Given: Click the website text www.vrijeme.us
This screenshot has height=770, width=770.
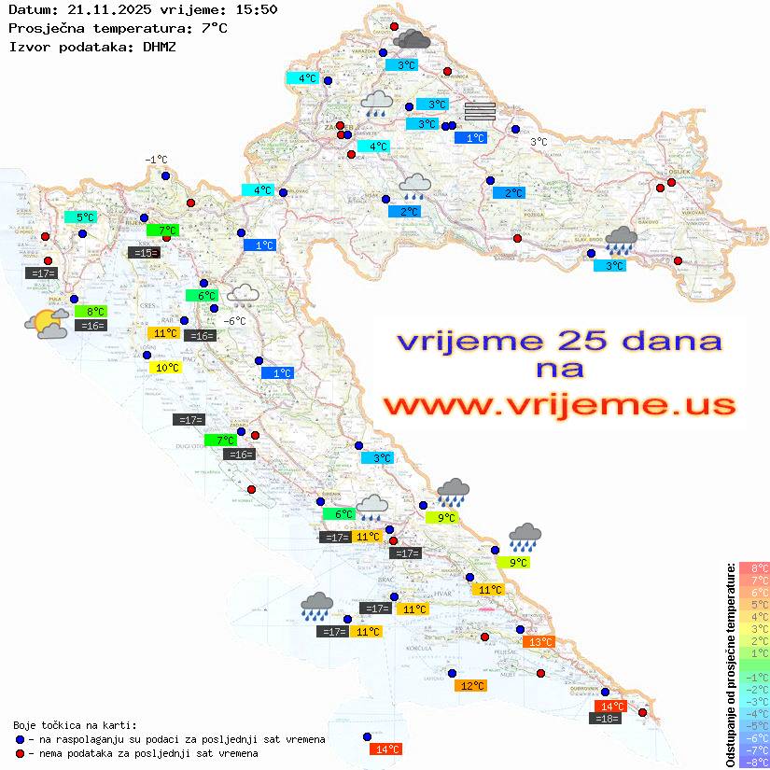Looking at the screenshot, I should [x=559, y=404].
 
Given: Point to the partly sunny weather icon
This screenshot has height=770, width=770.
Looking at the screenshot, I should [x=47, y=324].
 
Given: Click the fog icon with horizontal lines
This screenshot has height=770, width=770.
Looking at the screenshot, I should [x=479, y=110].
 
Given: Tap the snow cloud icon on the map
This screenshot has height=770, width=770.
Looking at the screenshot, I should [x=244, y=296].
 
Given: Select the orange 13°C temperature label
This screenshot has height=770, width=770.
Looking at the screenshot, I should [x=540, y=641].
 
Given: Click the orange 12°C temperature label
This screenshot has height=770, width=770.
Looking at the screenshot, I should [x=471, y=685].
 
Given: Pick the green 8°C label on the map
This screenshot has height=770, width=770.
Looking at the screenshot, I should [x=94, y=311].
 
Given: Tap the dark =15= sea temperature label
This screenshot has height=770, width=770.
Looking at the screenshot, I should [x=143, y=252].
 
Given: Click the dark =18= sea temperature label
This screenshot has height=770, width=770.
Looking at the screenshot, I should [x=605, y=718].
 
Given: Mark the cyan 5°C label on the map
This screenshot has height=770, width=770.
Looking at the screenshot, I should [x=85, y=217].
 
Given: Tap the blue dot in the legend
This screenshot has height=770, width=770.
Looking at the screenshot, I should [x=20, y=739].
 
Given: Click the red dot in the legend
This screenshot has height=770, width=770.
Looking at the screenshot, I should [x=20, y=752].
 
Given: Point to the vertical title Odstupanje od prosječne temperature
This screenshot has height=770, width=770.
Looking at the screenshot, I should [x=730, y=664].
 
